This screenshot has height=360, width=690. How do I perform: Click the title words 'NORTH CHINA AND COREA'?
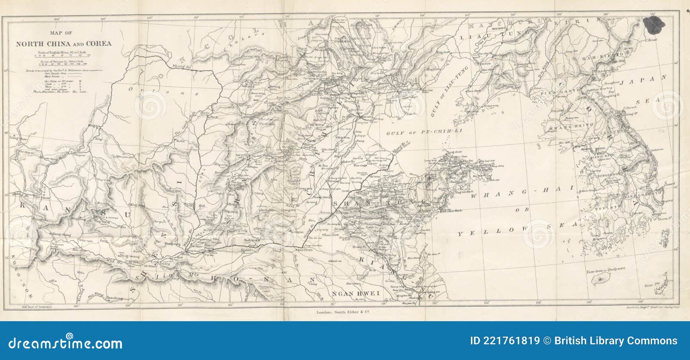click(x=63, y=44)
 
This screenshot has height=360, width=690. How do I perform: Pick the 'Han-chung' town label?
click(x=114, y=298)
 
